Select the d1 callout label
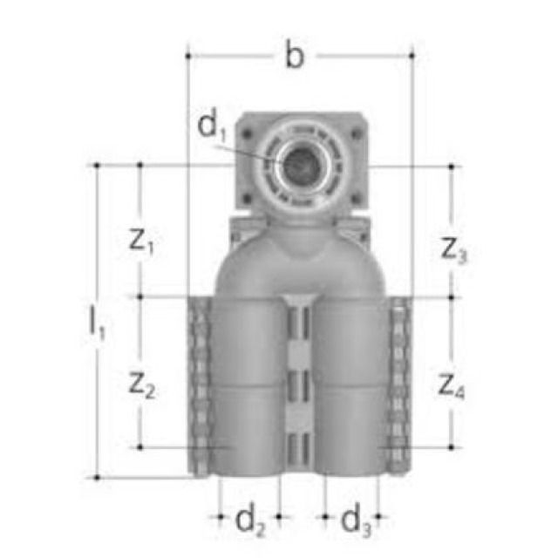click(x=212, y=128)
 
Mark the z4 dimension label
click(x=452, y=384)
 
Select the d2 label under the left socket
click(x=249, y=521)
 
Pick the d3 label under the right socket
click(x=354, y=521)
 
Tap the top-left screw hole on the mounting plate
click(x=252, y=133)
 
